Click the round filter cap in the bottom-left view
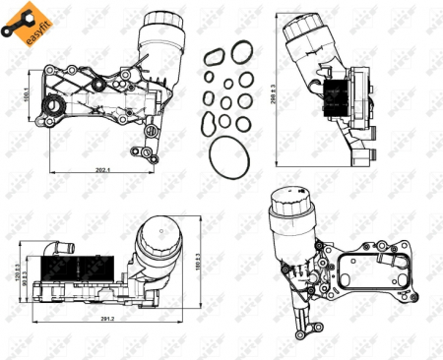(x=158, y=246)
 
